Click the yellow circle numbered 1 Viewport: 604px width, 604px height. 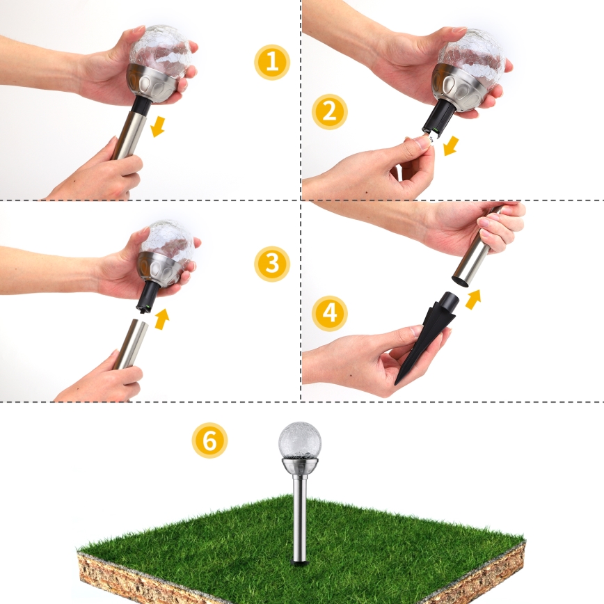point(271,62)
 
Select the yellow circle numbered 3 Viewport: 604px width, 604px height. point(271,264)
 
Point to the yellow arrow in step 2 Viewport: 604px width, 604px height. point(451,145)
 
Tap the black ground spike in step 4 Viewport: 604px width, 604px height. point(424,334)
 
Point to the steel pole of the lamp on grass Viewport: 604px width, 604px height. point(300,522)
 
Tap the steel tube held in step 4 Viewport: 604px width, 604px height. point(473,254)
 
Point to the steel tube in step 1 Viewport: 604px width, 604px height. point(128,135)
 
